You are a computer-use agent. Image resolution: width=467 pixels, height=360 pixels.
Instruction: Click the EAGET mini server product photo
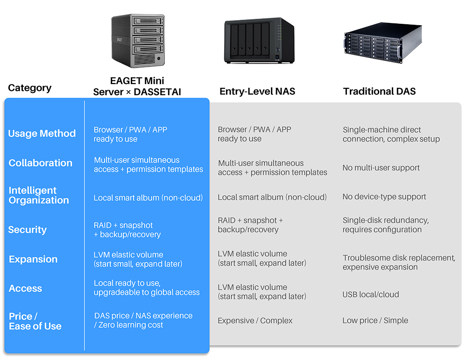138,41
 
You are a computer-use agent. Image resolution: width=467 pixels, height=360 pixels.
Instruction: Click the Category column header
30,88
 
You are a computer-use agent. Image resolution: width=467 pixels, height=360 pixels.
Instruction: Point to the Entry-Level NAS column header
257,91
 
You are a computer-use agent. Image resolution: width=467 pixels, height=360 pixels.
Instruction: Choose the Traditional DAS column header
379,91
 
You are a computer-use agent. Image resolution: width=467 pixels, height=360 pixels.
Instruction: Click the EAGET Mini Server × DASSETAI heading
137,86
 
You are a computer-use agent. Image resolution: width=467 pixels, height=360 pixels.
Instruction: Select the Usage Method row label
42,134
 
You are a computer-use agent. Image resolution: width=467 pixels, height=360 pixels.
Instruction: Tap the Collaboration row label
41,163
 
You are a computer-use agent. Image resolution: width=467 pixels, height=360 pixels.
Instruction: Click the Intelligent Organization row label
39,195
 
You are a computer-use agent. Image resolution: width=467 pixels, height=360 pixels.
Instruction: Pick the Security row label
28,230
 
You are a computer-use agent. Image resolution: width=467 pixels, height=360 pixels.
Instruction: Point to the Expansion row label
33,259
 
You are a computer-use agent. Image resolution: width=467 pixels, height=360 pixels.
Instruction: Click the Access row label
26,289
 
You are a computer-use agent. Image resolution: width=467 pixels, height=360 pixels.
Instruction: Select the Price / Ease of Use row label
35,321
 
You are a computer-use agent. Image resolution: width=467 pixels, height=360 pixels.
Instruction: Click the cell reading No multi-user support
381,168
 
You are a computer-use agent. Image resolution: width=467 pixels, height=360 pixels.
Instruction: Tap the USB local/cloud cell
371,295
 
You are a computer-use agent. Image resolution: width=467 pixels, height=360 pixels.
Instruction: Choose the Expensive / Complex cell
255,321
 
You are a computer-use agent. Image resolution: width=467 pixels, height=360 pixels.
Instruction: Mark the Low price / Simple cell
375,320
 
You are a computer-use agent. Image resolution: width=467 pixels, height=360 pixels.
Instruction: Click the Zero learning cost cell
143,320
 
